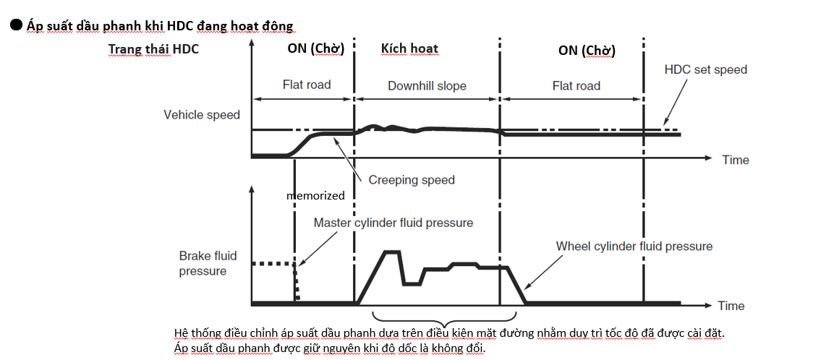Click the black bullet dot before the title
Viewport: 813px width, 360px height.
click(x=15, y=25)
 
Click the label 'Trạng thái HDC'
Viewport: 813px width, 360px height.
click(x=153, y=49)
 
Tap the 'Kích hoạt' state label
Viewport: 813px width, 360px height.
click(x=409, y=49)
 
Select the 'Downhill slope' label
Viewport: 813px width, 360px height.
click(x=427, y=86)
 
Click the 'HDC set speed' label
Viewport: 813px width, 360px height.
click(x=705, y=70)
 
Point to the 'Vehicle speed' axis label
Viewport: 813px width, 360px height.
click(x=202, y=115)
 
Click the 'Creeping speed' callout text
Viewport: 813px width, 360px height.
click(x=412, y=179)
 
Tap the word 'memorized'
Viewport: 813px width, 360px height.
click(x=315, y=195)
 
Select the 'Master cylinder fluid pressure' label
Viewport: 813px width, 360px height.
click(x=393, y=223)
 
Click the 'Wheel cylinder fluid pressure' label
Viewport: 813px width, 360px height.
click(x=634, y=247)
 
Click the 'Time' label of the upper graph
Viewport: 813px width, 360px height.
click(x=736, y=160)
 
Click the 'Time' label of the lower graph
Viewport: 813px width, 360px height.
click(x=731, y=306)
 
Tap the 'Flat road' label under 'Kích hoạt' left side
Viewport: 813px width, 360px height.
click(x=306, y=85)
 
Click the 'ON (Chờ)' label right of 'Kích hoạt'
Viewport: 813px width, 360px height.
click(x=587, y=50)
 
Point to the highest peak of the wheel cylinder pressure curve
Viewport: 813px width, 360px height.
click(x=391, y=252)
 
